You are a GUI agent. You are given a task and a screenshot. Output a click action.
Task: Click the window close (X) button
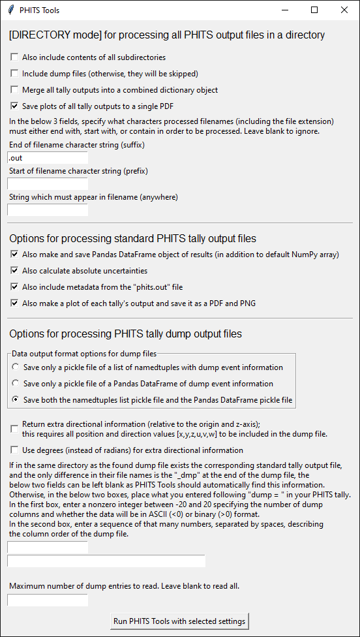pyautogui.click(x=344, y=10)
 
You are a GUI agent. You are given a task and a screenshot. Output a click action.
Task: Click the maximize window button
pyautogui.click(x=314, y=10)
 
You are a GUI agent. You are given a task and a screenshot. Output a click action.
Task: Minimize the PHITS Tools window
pyautogui.click(x=284, y=10)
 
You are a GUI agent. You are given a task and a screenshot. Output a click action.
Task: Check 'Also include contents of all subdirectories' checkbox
pyautogui.click(x=15, y=57)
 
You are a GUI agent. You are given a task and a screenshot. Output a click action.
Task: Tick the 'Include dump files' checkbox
pyautogui.click(x=15, y=74)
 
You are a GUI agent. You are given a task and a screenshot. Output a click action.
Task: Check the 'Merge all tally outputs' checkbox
pyautogui.click(x=15, y=90)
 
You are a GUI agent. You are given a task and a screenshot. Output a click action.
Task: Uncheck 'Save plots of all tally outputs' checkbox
pyautogui.click(x=15, y=106)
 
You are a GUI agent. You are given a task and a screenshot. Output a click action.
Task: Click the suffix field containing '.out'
pyautogui.click(x=48, y=158)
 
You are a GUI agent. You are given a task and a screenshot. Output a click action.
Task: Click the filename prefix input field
pyautogui.click(x=48, y=184)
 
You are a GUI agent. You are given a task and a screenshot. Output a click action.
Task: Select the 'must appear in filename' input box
pyautogui.click(x=48, y=210)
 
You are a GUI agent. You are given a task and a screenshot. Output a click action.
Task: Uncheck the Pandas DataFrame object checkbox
pyautogui.click(x=15, y=255)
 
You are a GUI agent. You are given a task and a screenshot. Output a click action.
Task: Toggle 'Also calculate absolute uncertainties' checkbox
pyautogui.click(x=15, y=271)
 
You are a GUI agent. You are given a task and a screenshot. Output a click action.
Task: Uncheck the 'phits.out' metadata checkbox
pyautogui.click(x=15, y=287)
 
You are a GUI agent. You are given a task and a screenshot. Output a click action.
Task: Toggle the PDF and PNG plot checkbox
pyautogui.click(x=15, y=303)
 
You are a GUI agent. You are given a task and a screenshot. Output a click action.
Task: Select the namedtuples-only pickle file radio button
pyautogui.click(x=16, y=367)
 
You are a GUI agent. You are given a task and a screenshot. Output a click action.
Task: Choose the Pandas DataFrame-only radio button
pyautogui.click(x=16, y=384)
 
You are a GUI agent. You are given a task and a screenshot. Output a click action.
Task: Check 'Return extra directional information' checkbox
pyautogui.click(x=15, y=429)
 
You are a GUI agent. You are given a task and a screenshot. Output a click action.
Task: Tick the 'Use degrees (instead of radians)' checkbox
pyautogui.click(x=15, y=450)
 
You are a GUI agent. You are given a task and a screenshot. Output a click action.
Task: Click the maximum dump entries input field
pyautogui.click(x=48, y=600)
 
